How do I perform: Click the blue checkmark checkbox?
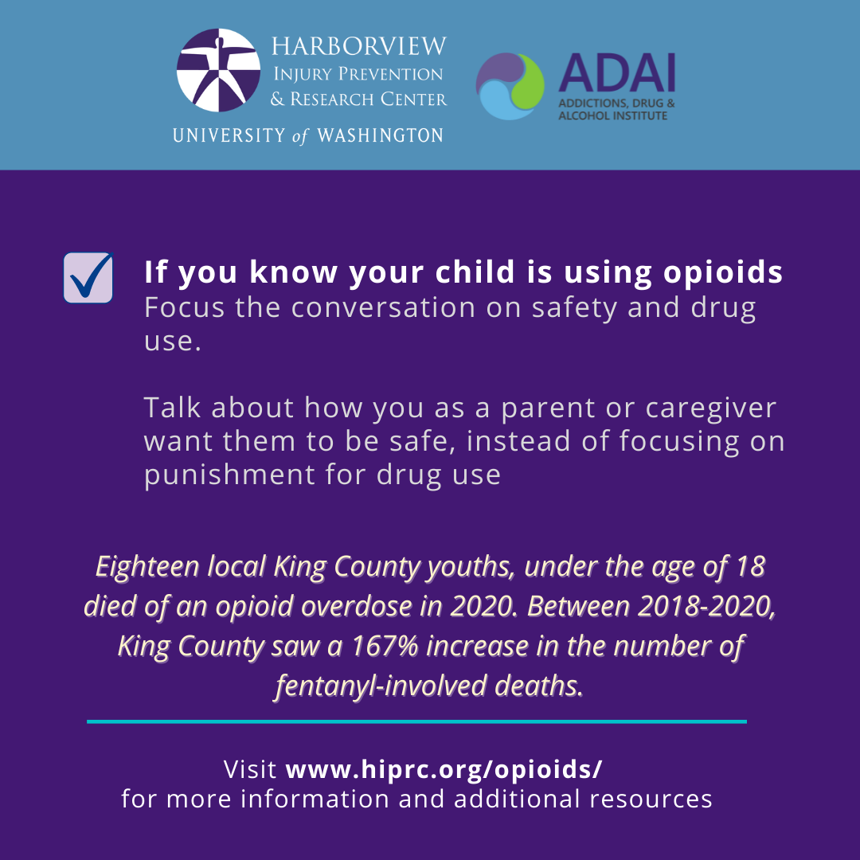88,278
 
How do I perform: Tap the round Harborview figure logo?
218,70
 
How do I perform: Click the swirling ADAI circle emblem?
510,86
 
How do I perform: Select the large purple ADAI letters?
616,73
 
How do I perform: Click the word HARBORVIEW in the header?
359,47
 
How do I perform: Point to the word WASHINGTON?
380,135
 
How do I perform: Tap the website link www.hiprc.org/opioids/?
444,769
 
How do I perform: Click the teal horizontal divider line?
416,721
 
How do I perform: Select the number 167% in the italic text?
385,646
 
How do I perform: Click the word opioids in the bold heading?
723,272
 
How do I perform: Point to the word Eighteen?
147,567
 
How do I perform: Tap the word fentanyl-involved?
381,686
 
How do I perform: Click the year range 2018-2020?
706,607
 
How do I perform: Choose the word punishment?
229,475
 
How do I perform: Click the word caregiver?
711,408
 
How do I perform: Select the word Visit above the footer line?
250,769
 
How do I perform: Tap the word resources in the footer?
651,799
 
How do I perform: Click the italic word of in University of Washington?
300,136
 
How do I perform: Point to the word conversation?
383,307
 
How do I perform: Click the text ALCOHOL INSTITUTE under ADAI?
612,115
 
